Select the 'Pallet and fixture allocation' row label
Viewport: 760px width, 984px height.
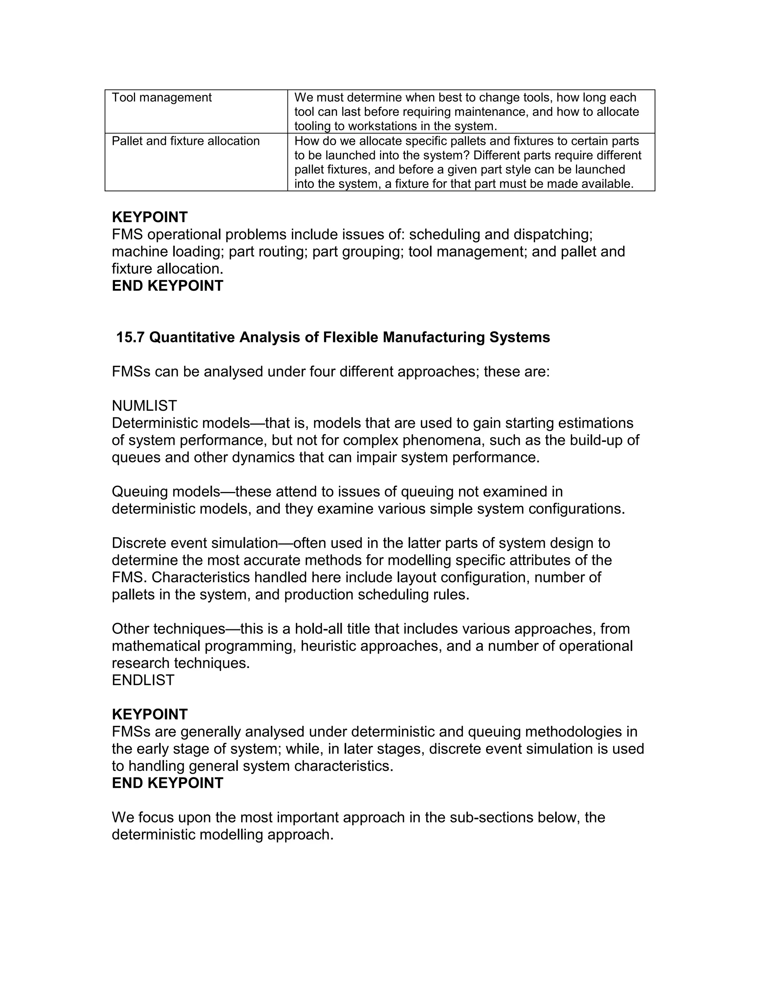coord(186,141)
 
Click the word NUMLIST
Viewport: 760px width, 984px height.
coord(144,406)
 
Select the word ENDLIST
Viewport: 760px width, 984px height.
coord(143,680)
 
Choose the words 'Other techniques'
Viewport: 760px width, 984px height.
coord(168,629)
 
